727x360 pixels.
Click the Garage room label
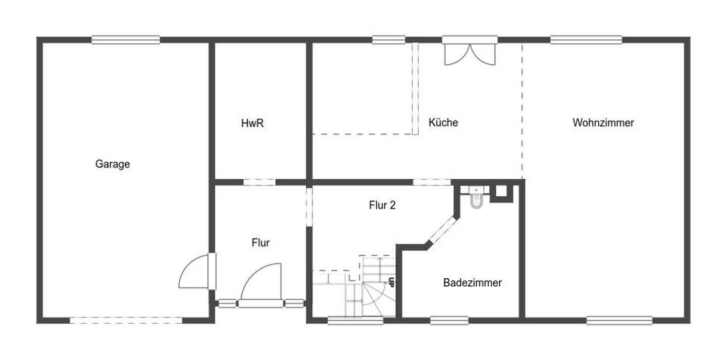coord(113,164)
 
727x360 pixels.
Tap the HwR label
coord(252,123)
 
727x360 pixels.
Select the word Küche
coord(443,122)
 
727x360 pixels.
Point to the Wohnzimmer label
coord(603,122)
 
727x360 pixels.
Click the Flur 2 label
coord(382,205)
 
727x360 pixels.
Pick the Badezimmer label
coord(472,282)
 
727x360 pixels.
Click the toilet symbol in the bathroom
coord(476,197)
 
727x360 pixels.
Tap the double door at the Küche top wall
coord(470,54)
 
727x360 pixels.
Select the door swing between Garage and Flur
coord(194,271)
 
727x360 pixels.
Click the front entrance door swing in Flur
coord(261,282)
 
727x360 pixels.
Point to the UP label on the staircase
coord(391,282)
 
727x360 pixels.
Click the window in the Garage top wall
coord(126,40)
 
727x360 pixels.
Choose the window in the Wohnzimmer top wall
coord(586,40)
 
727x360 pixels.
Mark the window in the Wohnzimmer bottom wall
coord(619,321)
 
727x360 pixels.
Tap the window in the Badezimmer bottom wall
coord(449,321)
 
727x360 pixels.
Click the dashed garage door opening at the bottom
coord(126,321)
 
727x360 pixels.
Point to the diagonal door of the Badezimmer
coord(443,230)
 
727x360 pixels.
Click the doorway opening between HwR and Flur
coord(259,182)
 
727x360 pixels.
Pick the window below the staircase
coord(355,321)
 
